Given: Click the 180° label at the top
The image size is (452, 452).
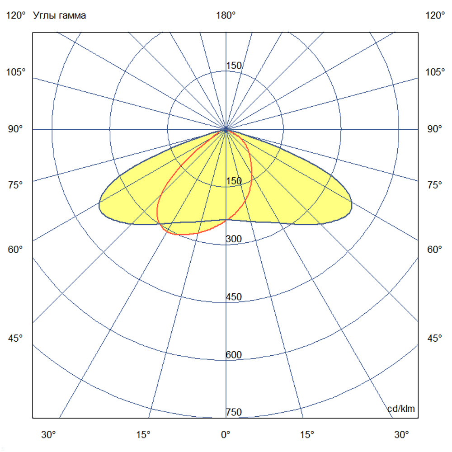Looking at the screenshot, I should coord(226,16).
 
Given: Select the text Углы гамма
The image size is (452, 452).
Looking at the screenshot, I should coord(60,16).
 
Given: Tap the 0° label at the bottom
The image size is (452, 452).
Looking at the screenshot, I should coord(226,435).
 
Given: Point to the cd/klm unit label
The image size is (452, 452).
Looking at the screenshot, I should coord(401,409).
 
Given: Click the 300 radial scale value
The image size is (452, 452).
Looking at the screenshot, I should coord(234,239).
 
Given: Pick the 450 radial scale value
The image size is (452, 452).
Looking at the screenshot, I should coord(234,297).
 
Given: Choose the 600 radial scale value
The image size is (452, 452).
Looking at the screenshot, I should coord(234,355).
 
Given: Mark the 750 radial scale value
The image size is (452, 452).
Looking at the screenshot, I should coord(234,412).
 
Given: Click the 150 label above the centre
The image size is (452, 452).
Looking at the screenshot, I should coord(234,66).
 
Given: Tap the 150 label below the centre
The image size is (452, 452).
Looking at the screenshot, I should coord(234,181).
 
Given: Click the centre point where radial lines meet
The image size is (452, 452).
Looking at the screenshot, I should coord(226,130).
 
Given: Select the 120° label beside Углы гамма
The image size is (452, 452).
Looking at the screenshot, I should coord(16,16).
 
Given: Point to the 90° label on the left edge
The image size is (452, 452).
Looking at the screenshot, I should coord(16,129).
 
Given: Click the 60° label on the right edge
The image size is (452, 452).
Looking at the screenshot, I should coord(435,250).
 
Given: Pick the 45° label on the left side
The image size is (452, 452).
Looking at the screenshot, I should coord(16,338).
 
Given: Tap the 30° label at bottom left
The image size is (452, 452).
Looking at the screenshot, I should coord(48,435).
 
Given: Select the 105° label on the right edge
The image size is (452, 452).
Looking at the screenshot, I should coord(435,72).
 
